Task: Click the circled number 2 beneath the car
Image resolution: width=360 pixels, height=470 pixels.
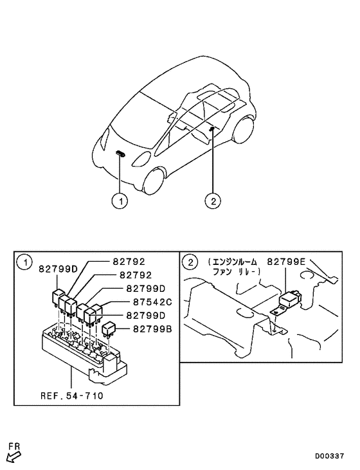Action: point(213,201)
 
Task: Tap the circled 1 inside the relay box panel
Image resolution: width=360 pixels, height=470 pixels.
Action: point(24,262)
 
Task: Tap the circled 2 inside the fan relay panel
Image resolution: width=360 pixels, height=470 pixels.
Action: point(190,262)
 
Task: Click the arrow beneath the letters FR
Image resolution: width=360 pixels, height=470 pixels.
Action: point(14,457)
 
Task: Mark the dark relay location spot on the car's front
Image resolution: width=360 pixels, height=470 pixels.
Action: point(121,153)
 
